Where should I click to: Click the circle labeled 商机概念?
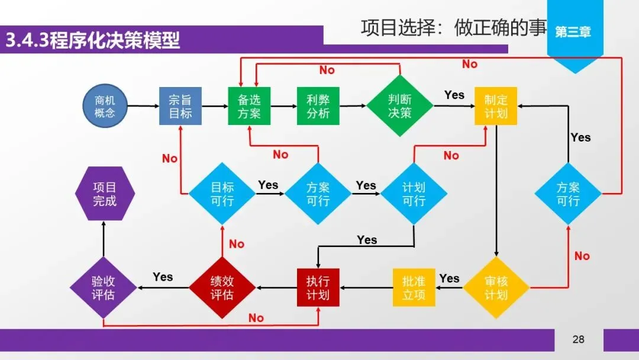point(105,106)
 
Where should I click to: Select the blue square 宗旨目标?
point(180,106)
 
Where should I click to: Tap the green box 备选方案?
point(249,106)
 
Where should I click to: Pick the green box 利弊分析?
point(318,106)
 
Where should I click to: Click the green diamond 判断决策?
point(400,106)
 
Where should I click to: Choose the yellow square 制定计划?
point(496,106)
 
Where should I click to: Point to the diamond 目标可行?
point(222,194)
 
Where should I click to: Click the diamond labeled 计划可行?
point(414,194)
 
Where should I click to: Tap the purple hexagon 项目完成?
point(105,194)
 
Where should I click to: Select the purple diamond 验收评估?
point(104,288)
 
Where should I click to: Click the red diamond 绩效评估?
point(222,288)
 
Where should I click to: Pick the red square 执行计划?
point(318,288)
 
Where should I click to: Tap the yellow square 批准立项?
point(414,288)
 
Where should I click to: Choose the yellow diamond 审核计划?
point(496,288)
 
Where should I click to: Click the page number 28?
point(578,339)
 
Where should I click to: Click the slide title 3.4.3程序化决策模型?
point(92,41)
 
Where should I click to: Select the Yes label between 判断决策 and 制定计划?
point(454,95)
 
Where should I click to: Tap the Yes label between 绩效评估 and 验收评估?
point(163,277)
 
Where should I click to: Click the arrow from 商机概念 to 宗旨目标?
point(143,106)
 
